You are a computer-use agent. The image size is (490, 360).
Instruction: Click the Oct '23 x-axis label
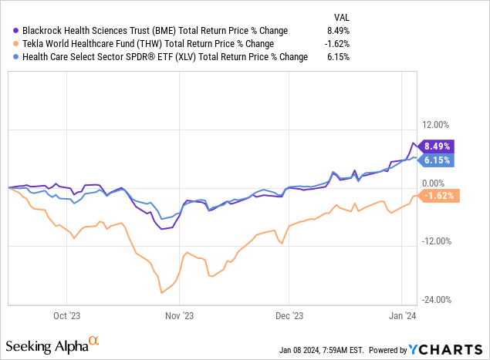[x=66, y=315]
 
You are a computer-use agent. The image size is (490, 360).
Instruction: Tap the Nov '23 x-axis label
[x=177, y=315]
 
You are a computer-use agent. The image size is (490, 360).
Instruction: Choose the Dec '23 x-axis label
[x=289, y=315]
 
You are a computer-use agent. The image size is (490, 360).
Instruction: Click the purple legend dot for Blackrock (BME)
[x=17, y=31]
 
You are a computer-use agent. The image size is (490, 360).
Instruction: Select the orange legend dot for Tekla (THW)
[x=17, y=44]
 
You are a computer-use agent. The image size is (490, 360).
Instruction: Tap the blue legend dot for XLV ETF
[x=17, y=57]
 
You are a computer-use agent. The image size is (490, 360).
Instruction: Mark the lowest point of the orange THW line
[x=161, y=293]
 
